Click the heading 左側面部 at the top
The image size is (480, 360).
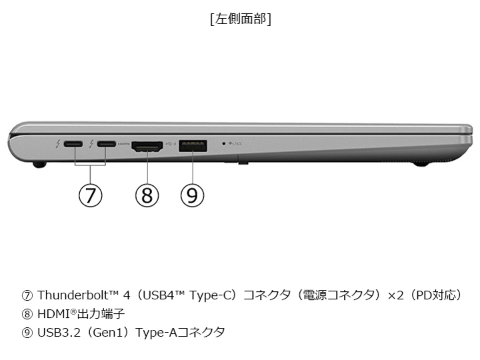click(240, 19)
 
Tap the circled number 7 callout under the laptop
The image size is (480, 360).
click(91, 195)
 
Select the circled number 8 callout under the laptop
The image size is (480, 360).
click(147, 195)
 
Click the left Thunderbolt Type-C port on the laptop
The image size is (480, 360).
click(73, 144)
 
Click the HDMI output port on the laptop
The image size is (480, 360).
click(147, 145)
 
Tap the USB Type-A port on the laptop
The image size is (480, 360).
click(193, 145)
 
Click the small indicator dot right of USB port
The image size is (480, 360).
click(223, 143)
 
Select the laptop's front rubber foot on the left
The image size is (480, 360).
click(39, 162)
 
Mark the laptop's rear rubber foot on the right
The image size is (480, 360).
click(421, 161)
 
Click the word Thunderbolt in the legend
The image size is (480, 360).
click(71, 295)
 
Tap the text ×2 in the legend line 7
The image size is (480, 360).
click(389, 295)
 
